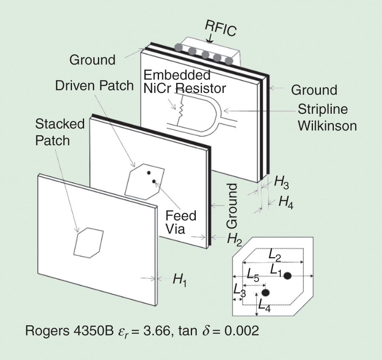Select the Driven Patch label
click(x=94, y=85)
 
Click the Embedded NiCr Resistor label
click(x=184, y=82)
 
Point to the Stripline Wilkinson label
click(x=327, y=117)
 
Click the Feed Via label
click(x=180, y=222)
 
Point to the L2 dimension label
click(x=275, y=253)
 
